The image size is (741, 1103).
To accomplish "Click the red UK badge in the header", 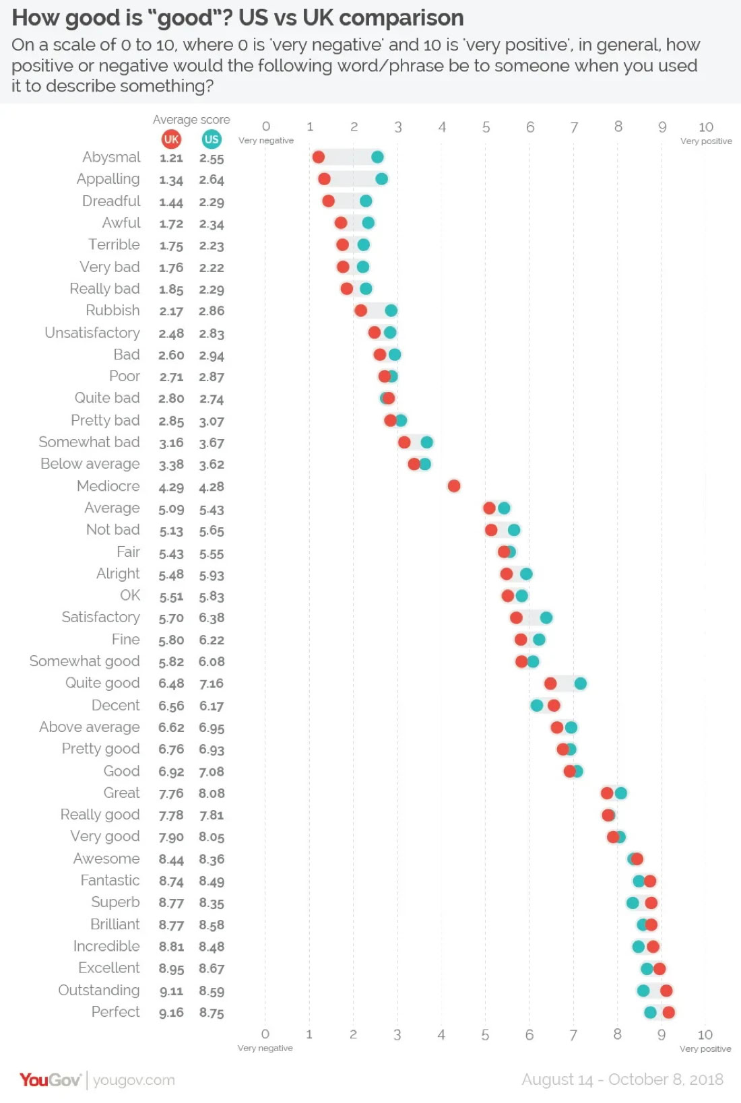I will (171, 139).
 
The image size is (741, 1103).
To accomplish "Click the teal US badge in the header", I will (212, 139).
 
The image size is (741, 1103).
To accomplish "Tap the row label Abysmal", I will (111, 157).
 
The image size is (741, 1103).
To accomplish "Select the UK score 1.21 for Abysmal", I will (171, 158).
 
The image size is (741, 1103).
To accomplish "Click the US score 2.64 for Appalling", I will (212, 180).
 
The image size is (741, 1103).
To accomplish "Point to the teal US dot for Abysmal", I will (377, 157).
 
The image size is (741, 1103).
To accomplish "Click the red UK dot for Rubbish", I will (361, 310).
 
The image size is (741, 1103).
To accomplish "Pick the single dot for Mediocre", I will (454, 486).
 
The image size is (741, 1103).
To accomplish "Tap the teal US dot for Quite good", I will (580, 683).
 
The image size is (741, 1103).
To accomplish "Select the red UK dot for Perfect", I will (668, 1012).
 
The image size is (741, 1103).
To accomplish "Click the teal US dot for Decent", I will (537, 705).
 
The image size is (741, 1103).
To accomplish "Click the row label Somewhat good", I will (85, 661).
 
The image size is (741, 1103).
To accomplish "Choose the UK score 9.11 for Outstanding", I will (171, 991).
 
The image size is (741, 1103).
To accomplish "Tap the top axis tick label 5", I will (486, 127).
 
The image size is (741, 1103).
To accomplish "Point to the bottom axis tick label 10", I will (705, 1034).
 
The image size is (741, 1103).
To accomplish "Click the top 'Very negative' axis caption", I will (266, 141).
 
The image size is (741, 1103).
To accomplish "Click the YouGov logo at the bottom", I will (50, 1080).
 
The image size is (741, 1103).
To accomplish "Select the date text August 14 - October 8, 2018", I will (622, 1079).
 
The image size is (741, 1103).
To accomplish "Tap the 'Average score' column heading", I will (191, 120).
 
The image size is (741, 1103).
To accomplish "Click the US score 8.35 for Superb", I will (212, 903).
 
